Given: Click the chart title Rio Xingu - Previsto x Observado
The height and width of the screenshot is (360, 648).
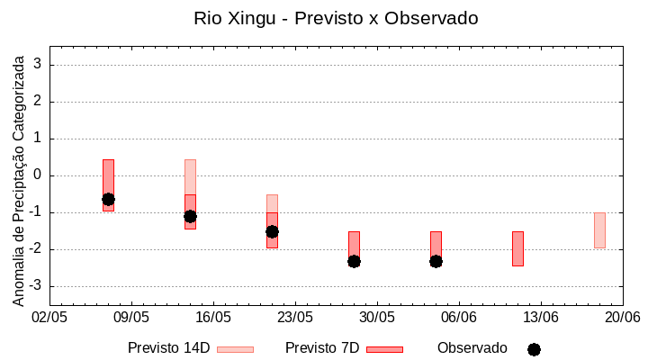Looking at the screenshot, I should coord(336,18).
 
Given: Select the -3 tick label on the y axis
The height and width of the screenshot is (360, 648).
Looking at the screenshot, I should coord(36,286).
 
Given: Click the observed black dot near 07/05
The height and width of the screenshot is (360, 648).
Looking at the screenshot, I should coord(108,199).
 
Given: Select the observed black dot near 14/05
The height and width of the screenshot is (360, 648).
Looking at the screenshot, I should coord(190,216).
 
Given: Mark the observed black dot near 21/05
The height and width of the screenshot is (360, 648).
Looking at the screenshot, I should coord(272,231).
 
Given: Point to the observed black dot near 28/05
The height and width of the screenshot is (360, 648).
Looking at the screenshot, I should coord(354,261).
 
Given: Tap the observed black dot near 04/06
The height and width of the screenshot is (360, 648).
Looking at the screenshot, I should coord(436,261).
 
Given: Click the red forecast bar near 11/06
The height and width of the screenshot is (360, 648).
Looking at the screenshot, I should coord(517,248).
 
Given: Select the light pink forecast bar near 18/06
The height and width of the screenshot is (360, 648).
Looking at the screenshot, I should coord(599,229).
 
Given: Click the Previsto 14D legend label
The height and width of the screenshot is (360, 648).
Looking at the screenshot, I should coord(169,348).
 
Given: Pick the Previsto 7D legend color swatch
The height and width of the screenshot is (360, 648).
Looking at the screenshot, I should coord(384,348).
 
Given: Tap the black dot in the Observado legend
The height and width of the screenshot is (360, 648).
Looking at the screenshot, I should coord(534,349).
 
